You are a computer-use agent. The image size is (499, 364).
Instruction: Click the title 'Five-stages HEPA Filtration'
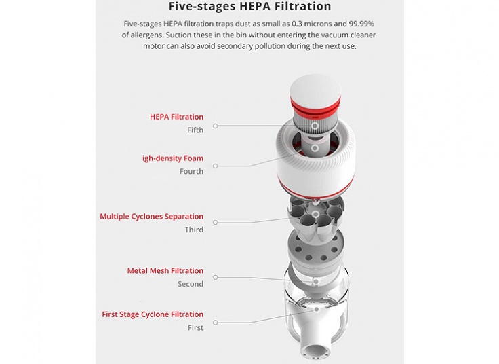249,6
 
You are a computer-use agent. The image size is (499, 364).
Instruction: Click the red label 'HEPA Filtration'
177,117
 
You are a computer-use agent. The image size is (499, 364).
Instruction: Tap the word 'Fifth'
195,130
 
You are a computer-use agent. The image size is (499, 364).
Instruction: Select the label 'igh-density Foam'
173,158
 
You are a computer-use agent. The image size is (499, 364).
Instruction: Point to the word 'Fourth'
191,172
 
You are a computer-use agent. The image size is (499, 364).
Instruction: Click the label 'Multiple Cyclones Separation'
151,217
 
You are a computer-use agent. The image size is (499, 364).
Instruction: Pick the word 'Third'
194,230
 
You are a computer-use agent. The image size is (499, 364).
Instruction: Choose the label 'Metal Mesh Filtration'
165,270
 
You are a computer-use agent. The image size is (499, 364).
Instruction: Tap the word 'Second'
191,284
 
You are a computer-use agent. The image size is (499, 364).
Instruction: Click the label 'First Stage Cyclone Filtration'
153,314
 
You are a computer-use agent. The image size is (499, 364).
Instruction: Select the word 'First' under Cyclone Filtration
195,327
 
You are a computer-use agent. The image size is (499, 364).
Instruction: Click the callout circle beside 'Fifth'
216,126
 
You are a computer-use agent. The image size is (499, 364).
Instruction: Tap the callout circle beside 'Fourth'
216,166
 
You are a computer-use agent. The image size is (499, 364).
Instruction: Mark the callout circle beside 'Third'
216,223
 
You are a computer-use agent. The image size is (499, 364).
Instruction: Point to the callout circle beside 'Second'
216,278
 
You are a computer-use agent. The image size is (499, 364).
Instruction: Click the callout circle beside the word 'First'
216,323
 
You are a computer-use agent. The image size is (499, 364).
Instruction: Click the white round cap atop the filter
315,88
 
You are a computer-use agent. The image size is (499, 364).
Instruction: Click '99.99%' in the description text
361,24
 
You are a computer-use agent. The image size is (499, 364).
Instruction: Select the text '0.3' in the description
297,24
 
